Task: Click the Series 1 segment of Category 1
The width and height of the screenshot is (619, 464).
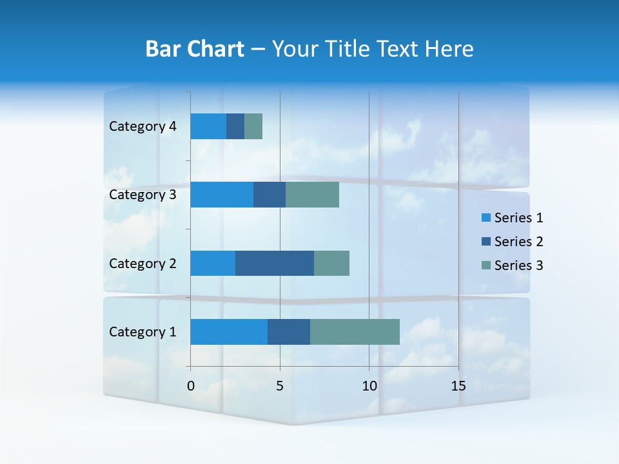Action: coord(229,332)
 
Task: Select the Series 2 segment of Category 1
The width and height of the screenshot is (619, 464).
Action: coord(289,332)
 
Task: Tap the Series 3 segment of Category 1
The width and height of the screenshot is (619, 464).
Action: coord(355,332)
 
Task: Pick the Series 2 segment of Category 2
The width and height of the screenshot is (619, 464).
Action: coord(275,263)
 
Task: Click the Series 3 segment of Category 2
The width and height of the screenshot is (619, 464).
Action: coord(331,263)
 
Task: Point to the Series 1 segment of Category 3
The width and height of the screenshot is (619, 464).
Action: coord(222,195)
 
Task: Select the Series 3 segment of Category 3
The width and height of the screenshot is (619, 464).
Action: coord(312,195)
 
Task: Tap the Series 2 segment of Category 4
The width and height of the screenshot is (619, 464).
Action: coord(235,126)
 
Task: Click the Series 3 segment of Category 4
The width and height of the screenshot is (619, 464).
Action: coord(253,126)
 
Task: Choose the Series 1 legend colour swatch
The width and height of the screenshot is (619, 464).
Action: coord(486,218)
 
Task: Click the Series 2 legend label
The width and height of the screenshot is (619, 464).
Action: coord(518,242)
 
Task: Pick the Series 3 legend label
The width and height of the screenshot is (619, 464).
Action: coord(518,266)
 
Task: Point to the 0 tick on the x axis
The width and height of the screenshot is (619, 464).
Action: coord(191,386)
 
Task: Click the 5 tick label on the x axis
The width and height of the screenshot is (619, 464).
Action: coord(280,386)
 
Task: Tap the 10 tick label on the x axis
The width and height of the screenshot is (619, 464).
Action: coord(369,386)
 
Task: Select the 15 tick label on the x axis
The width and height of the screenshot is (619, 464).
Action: coord(458,386)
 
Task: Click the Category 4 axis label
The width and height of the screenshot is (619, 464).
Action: coord(142,126)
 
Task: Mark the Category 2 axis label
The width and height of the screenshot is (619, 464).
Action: coord(142,263)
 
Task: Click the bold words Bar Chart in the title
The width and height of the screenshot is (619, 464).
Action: coord(195,49)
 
